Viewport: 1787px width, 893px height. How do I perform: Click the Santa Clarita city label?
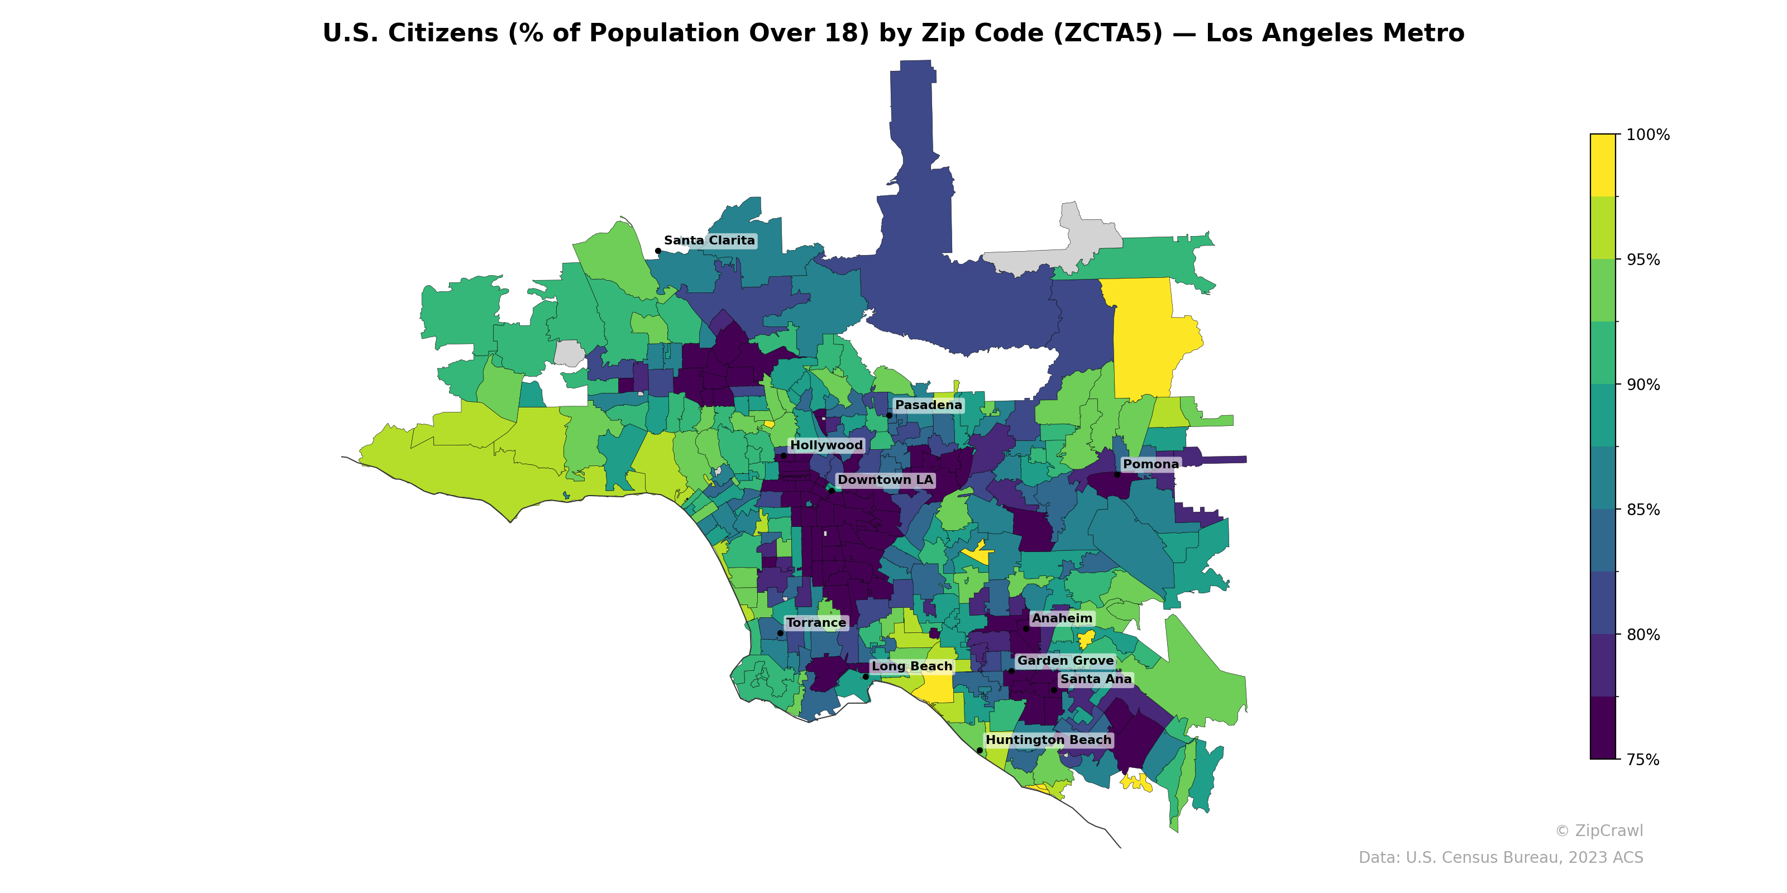[x=709, y=241]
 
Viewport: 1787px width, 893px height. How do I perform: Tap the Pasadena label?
[x=928, y=405]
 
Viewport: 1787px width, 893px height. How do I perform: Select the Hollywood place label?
[x=826, y=445]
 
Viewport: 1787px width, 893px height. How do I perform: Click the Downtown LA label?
[x=885, y=480]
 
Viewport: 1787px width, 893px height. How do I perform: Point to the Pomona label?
[x=1151, y=464]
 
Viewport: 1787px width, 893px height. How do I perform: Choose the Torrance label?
[x=816, y=623]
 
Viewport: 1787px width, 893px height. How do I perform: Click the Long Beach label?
[x=911, y=666]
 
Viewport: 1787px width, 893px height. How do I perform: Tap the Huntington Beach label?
[x=1048, y=740]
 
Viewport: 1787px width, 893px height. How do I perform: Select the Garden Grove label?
[x=1065, y=661]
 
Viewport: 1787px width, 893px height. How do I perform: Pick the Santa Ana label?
[x=1095, y=679]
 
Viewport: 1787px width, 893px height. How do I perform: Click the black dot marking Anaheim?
[x=1026, y=628]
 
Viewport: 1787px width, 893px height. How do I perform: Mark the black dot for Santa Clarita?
[x=658, y=251]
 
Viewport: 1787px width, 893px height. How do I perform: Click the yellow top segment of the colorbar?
[x=1603, y=165]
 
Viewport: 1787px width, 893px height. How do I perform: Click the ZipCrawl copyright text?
[x=1598, y=830]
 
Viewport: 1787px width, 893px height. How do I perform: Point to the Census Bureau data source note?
[x=1500, y=858]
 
